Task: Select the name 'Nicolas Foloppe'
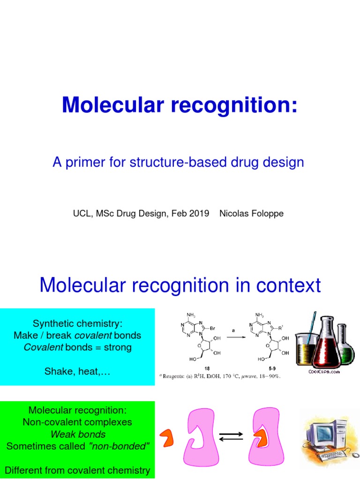tap(251, 213)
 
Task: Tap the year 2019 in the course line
tap(199, 213)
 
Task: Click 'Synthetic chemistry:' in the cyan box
tap(77, 323)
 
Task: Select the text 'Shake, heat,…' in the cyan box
tap(77, 371)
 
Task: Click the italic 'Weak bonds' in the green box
tap(77, 434)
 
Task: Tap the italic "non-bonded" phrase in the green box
tap(119, 446)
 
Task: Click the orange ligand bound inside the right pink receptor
tap(263, 437)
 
